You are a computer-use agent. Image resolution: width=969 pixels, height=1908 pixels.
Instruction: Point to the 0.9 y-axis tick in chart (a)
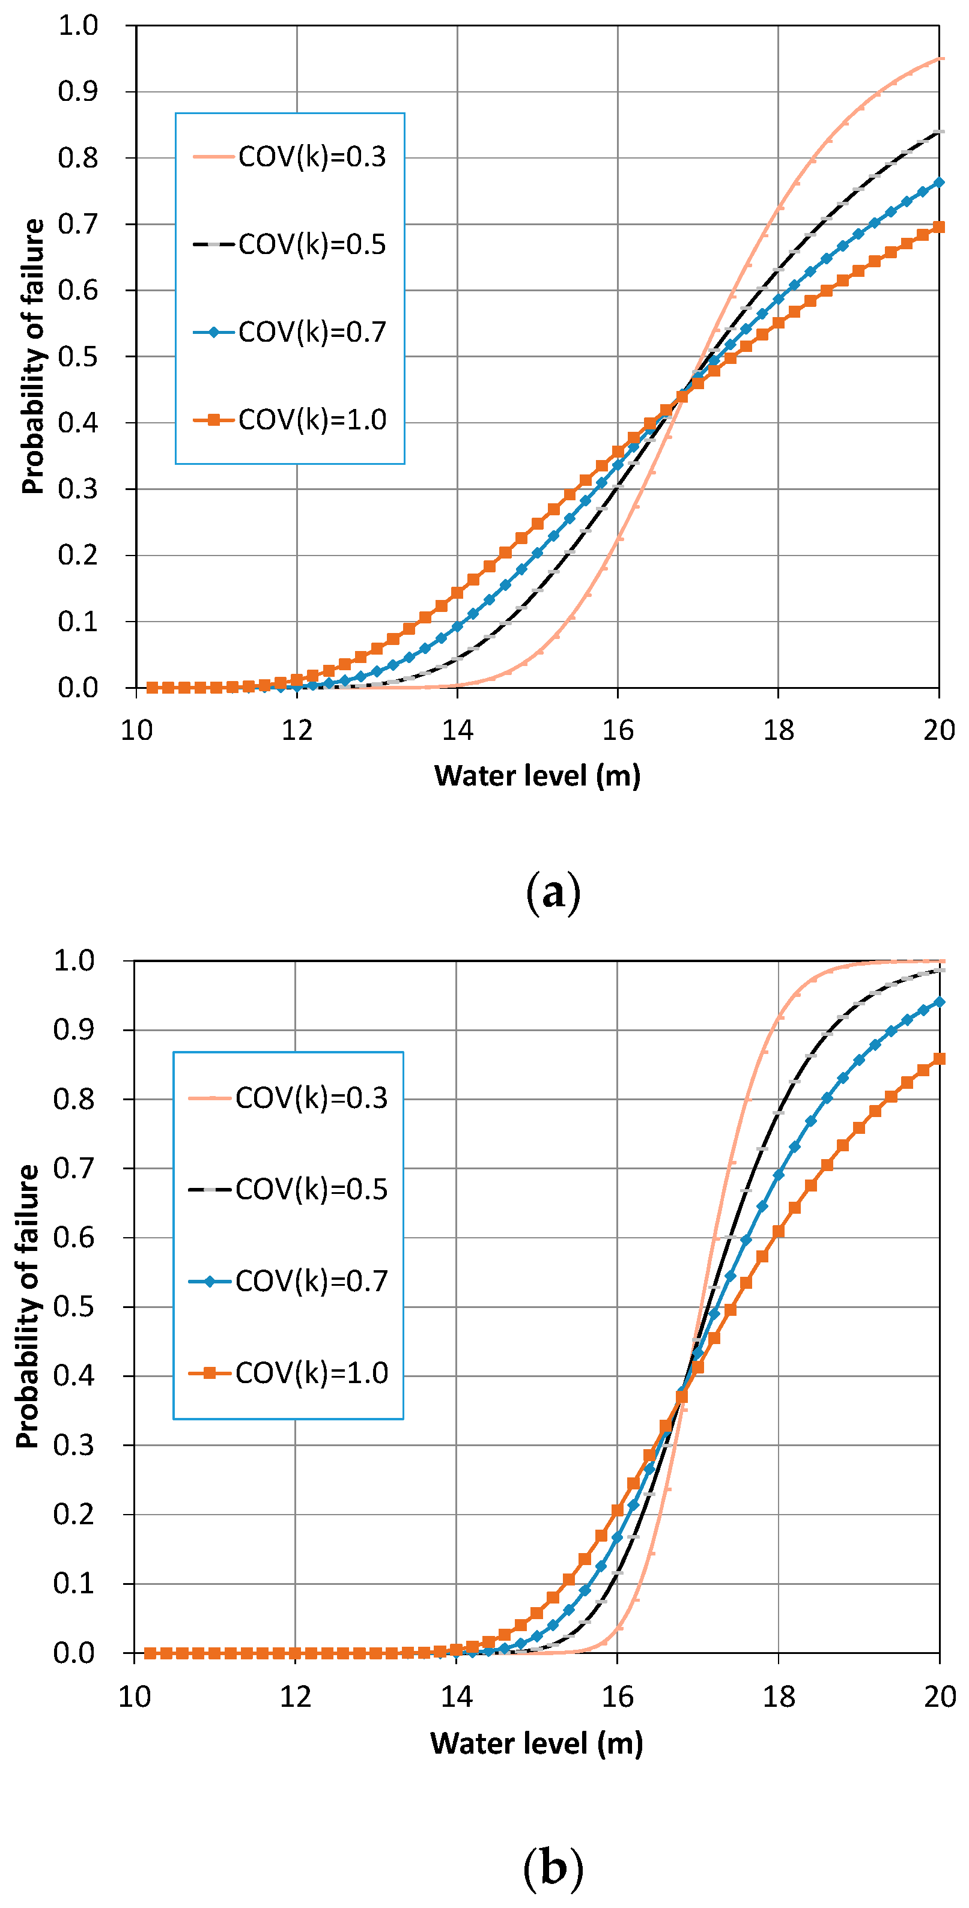(77, 92)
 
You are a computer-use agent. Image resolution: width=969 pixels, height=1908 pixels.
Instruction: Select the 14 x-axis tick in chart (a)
(457, 731)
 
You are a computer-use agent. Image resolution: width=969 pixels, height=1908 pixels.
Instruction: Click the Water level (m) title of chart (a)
(537, 775)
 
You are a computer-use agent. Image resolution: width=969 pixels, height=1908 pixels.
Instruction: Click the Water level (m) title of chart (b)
(536, 1743)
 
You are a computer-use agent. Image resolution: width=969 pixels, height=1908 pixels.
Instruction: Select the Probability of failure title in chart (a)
(32, 356)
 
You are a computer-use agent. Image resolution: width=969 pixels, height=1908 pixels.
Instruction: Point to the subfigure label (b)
(553, 1864)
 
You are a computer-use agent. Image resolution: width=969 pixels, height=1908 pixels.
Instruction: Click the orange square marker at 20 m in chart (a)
(938, 226)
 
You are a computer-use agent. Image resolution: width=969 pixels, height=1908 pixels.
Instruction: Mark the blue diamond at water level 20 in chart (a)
(938, 182)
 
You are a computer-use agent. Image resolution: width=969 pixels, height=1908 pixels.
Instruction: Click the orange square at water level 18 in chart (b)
(779, 1231)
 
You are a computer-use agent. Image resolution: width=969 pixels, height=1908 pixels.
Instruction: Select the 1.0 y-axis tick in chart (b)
(74, 961)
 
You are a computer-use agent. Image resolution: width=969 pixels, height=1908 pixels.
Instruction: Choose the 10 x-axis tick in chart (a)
(136, 731)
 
